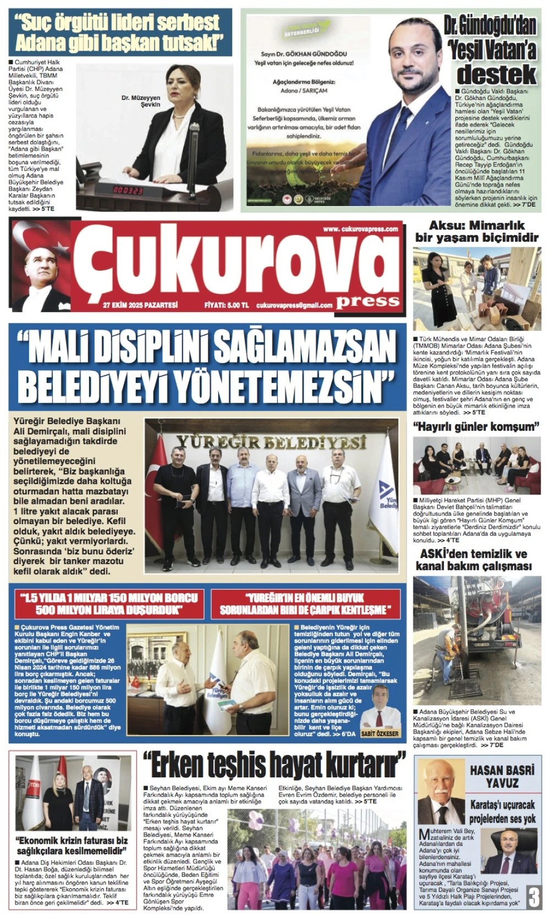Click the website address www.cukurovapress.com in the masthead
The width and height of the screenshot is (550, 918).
pyautogui.click(x=360, y=229)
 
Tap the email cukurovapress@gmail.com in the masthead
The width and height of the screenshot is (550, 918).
pyautogui.click(x=295, y=305)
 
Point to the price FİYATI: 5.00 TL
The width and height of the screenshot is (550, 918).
pyautogui.click(x=226, y=305)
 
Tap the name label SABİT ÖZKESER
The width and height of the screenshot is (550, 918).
pyautogui.click(x=380, y=733)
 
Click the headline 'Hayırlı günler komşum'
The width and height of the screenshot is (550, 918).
pyautogui.click(x=476, y=426)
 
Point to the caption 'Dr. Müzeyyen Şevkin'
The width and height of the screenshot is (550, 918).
pyautogui.click(x=141, y=101)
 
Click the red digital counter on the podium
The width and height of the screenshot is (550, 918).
pyautogui.click(x=128, y=190)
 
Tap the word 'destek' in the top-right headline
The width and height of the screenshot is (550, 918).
pyautogui.click(x=496, y=74)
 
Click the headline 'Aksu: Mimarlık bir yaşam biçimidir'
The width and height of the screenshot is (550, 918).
pyautogui.click(x=476, y=231)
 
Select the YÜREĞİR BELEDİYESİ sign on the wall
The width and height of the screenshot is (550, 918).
pyautogui.click(x=271, y=442)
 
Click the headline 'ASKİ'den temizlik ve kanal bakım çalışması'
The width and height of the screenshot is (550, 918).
pyautogui.click(x=474, y=560)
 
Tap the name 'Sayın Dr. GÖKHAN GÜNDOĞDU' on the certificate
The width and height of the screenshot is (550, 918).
pyautogui.click(x=304, y=54)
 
